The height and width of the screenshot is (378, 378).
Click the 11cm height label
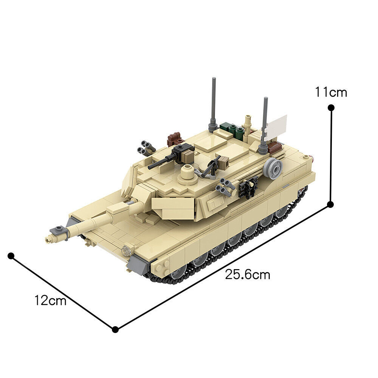pyautogui.click(x=331, y=92)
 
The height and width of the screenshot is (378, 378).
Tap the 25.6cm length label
pyautogui.click(x=248, y=275)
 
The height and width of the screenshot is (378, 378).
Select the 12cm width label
pyautogui.click(x=50, y=301)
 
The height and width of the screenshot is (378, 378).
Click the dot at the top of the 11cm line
pyautogui.click(x=331, y=108)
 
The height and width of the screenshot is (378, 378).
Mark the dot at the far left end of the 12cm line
pyautogui.click(x=11, y=256)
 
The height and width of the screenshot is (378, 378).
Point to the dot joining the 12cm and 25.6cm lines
pyautogui.click(x=115, y=329)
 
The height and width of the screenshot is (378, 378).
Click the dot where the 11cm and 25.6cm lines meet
pyautogui.click(x=330, y=204)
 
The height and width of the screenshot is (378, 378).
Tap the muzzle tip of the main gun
pyautogui.click(x=48, y=239)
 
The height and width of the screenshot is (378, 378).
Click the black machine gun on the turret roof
pyautogui.click(x=172, y=155)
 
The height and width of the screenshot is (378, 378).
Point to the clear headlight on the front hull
pyautogui.click(x=126, y=250)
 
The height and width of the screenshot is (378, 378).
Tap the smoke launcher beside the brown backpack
pyautogui.click(x=147, y=147)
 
